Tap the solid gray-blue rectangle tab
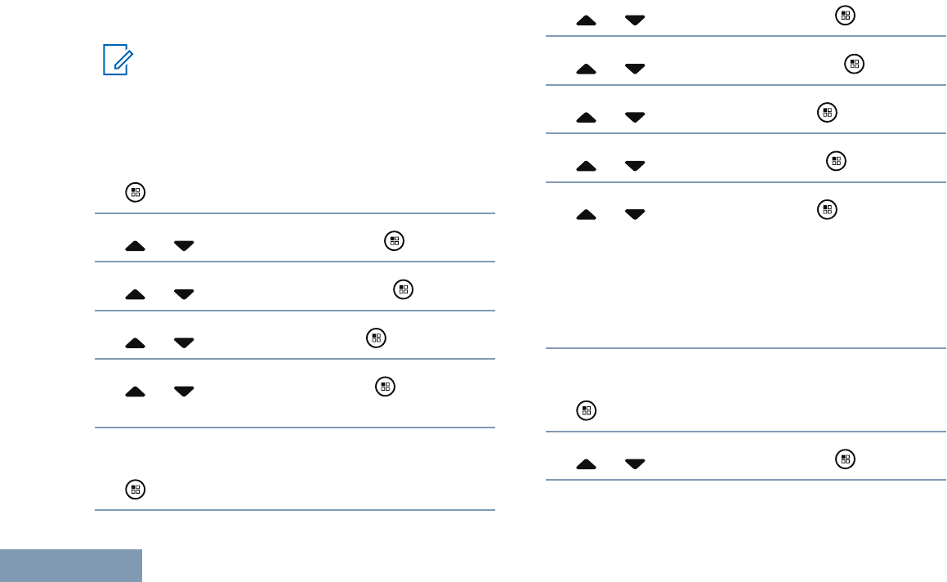tap(71, 566)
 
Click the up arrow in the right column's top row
tap(586, 20)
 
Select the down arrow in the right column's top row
tap(634, 20)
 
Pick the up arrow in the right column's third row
tap(586, 118)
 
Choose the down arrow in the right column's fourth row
tap(634, 166)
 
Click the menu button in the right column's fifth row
tap(827, 210)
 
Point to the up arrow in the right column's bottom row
tap(586, 464)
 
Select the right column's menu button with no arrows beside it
tap(585, 411)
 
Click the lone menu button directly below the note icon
tap(135, 193)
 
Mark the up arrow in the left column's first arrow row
tap(135, 246)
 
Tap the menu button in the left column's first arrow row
tap(394, 241)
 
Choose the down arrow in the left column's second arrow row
tap(184, 294)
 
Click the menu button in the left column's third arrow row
tap(376, 337)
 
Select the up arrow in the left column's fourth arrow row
tap(135, 392)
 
